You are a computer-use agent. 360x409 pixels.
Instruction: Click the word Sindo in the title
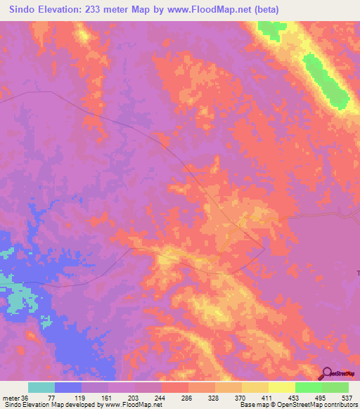click(26, 10)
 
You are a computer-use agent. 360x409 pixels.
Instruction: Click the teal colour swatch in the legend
click(41, 387)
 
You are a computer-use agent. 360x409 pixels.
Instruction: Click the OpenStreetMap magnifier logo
click(327, 373)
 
